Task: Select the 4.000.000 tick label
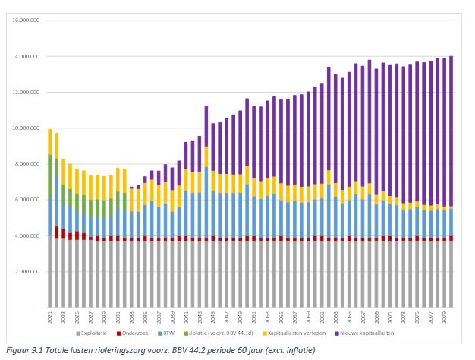(x=26, y=235)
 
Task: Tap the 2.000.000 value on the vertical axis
(x=26, y=271)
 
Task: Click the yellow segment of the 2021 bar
(x=49, y=142)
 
